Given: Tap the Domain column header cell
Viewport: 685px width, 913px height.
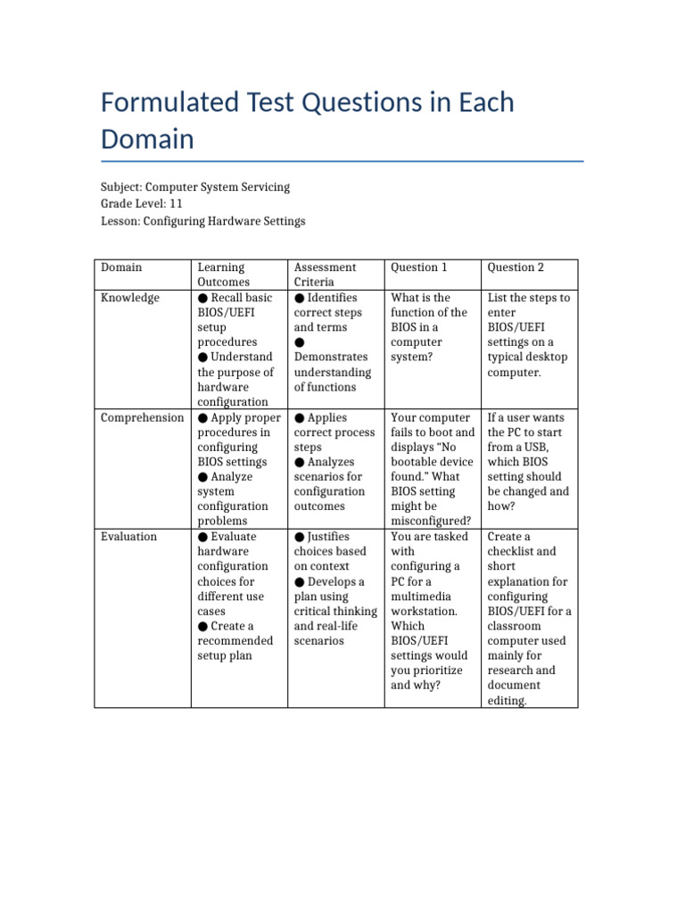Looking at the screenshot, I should coord(121,267).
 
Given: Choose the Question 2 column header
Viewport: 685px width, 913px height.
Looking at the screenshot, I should coord(516,267).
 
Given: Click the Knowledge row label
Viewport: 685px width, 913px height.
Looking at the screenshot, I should coord(130,298).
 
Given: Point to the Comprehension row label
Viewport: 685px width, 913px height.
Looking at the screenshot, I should coord(142,417).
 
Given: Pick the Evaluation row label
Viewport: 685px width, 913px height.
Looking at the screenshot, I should coord(128,537).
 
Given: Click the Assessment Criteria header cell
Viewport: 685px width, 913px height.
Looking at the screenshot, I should coord(325,275).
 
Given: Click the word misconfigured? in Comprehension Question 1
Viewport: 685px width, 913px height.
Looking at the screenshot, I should coord(431,522).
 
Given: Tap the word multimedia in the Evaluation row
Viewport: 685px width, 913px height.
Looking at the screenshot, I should coord(424,596).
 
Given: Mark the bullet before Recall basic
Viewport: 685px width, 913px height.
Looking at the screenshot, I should coord(203,298).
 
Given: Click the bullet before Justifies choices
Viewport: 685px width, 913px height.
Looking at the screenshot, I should coord(300,537).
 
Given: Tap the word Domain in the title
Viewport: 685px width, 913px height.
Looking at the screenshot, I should coord(147,139).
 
